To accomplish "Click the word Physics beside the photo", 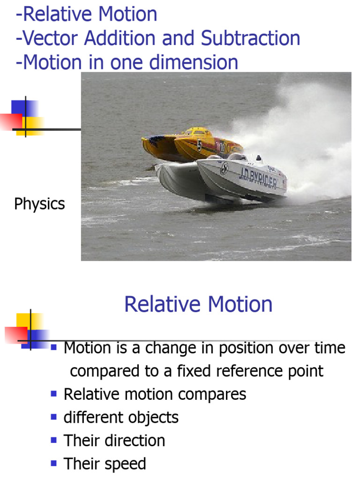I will click(39, 204).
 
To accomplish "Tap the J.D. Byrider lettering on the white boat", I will click(257, 177).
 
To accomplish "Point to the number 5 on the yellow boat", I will click(200, 145).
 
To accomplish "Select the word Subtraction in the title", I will click(251, 38).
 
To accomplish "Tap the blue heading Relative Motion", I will click(198, 305).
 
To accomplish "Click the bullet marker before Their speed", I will click(54, 463).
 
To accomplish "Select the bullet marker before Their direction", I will click(54, 439).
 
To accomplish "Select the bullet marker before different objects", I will click(54, 416).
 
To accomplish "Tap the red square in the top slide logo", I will click(10, 120).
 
